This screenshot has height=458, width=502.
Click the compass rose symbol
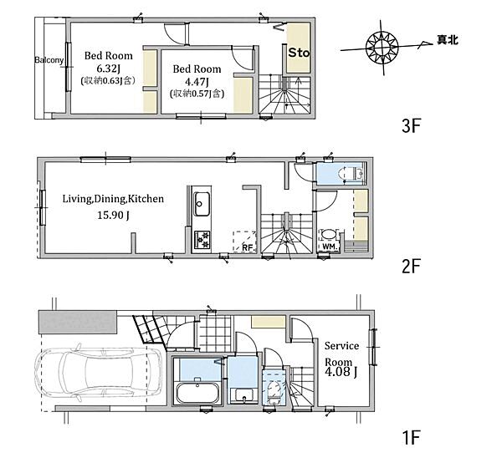click(382, 48)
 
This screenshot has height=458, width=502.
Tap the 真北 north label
click(448, 39)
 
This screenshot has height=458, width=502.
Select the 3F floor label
click(411, 126)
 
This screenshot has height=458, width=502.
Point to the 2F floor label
click(411, 267)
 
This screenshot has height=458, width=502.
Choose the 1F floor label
click(411, 438)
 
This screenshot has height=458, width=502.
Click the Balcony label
click(49, 60)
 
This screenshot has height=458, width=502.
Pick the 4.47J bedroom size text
click(197, 82)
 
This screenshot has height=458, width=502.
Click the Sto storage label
click(299, 53)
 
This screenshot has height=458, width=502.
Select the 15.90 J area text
click(113, 216)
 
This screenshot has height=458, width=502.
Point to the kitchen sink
click(202, 204)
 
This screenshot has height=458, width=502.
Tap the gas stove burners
click(202, 240)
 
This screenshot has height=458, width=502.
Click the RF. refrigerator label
click(248, 247)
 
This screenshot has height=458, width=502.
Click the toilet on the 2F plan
click(351, 174)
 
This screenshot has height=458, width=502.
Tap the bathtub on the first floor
click(197, 393)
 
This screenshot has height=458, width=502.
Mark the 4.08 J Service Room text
click(341, 372)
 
